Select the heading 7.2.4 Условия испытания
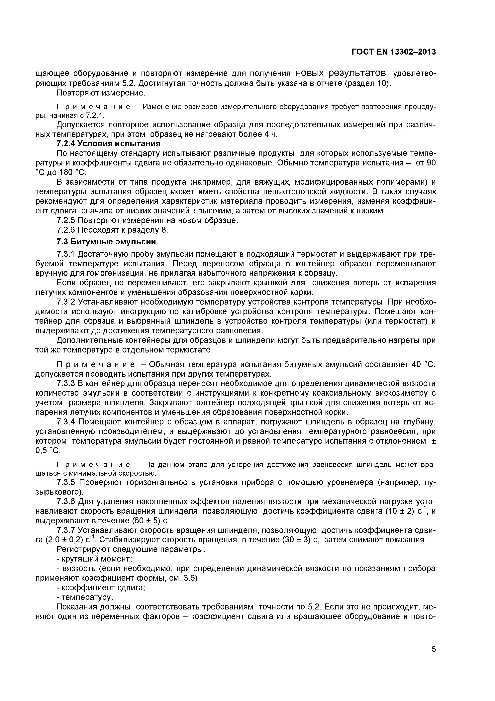pos(109,143)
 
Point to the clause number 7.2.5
pos(66,220)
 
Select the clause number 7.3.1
pos(66,254)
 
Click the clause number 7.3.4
pos(66,422)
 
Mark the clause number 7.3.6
pos(66,501)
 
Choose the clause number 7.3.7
pos(66,530)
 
